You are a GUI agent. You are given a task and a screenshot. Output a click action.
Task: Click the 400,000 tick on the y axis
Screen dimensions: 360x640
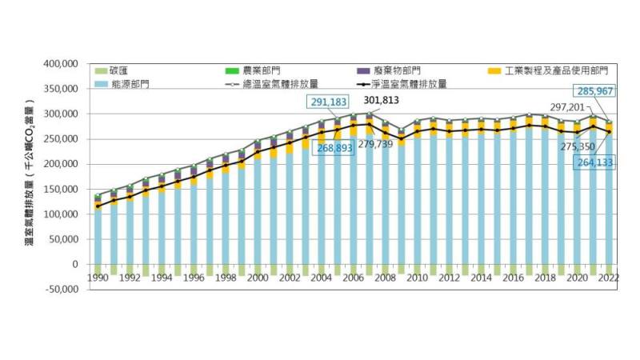(61, 63)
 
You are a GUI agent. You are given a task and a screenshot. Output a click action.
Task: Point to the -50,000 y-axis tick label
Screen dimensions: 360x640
(62, 289)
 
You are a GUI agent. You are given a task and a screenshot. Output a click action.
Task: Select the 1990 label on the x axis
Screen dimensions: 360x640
(98, 278)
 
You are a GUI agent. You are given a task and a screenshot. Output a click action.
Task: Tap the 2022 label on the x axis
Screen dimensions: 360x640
(607, 278)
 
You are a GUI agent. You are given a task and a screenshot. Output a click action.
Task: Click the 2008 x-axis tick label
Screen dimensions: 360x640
(385, 278)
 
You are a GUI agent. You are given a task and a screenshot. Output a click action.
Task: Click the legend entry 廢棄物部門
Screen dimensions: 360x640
(391, 71)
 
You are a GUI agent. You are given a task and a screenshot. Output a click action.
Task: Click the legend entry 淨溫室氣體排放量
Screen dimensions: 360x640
(413, 83)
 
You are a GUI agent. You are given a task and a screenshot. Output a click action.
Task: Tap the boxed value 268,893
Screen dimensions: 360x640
(337, 149)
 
